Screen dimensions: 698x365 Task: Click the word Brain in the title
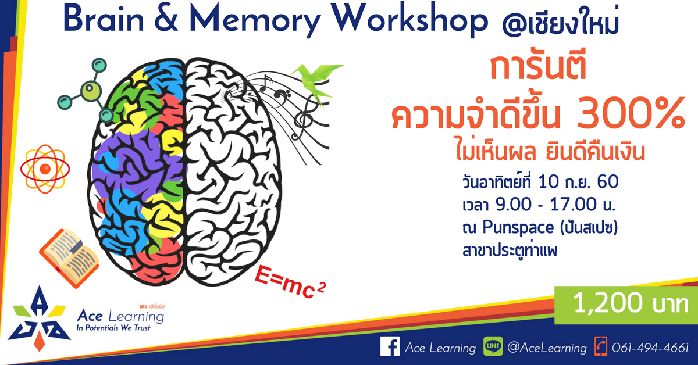click(x=104, y=19)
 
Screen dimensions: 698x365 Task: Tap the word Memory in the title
click(x=255, y=20)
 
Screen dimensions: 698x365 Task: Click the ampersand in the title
click(x=166, y=19)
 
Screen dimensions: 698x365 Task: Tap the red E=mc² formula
click(x=290, y=282)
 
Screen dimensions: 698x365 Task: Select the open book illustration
click(x=69, y=258)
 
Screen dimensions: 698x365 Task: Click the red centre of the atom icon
click(x=45, y=169)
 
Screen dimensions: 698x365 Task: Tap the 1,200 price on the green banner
click(x=608, y=303)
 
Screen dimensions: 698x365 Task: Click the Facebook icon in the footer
click(x=390, y=346)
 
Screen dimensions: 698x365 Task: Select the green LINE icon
click(x=493, y=346)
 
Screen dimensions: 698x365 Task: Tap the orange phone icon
click(x=600, y=346)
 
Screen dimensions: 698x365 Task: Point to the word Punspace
click(x=518, y=228)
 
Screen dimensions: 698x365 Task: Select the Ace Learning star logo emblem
click(x=40, y=319)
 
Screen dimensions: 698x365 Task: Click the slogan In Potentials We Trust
click(x=113, y=328)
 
